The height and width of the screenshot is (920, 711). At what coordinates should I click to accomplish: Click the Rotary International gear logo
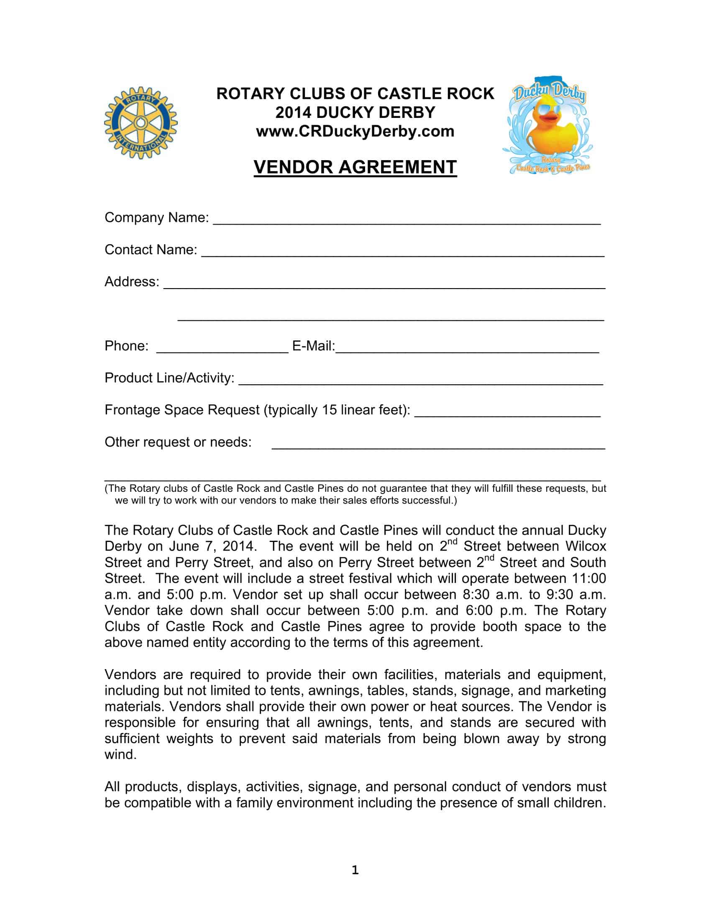click(x=141, y=123)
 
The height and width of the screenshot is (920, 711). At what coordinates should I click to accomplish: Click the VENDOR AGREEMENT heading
click(x=355, y=167)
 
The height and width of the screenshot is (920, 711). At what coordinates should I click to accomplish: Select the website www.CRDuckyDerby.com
click(x=355, y=131)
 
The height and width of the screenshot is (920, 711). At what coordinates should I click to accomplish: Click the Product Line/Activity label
click(x=169, y=378)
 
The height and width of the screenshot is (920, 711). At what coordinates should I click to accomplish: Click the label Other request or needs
click(x=178, y=442)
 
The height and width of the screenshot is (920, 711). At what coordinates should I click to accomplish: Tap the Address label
click(x=132, y=281)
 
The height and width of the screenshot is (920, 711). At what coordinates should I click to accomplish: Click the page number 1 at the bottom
click(x=355, y=870)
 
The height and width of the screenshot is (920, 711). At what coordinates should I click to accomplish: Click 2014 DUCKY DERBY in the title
click(x=355, y=112)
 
